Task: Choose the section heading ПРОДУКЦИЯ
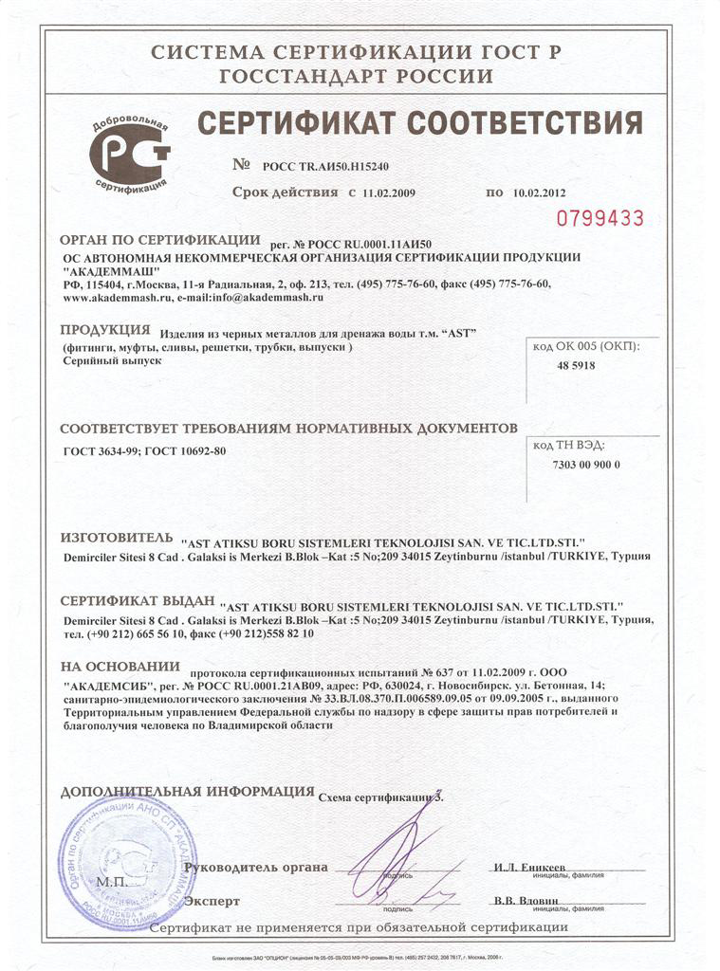pos(105,330)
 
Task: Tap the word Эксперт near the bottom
pos(212,901)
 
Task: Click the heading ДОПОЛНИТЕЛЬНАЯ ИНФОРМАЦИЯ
pos(187,791)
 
